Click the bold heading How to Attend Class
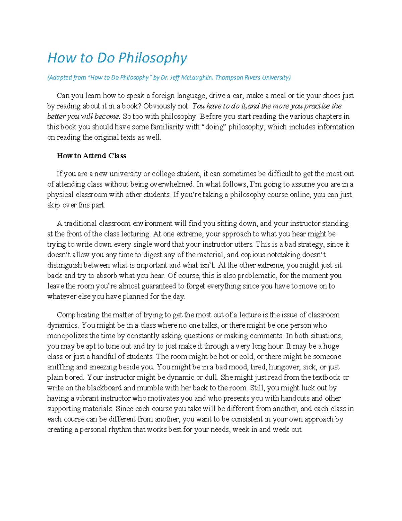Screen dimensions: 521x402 pyautogui.click(x=91, y=156)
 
